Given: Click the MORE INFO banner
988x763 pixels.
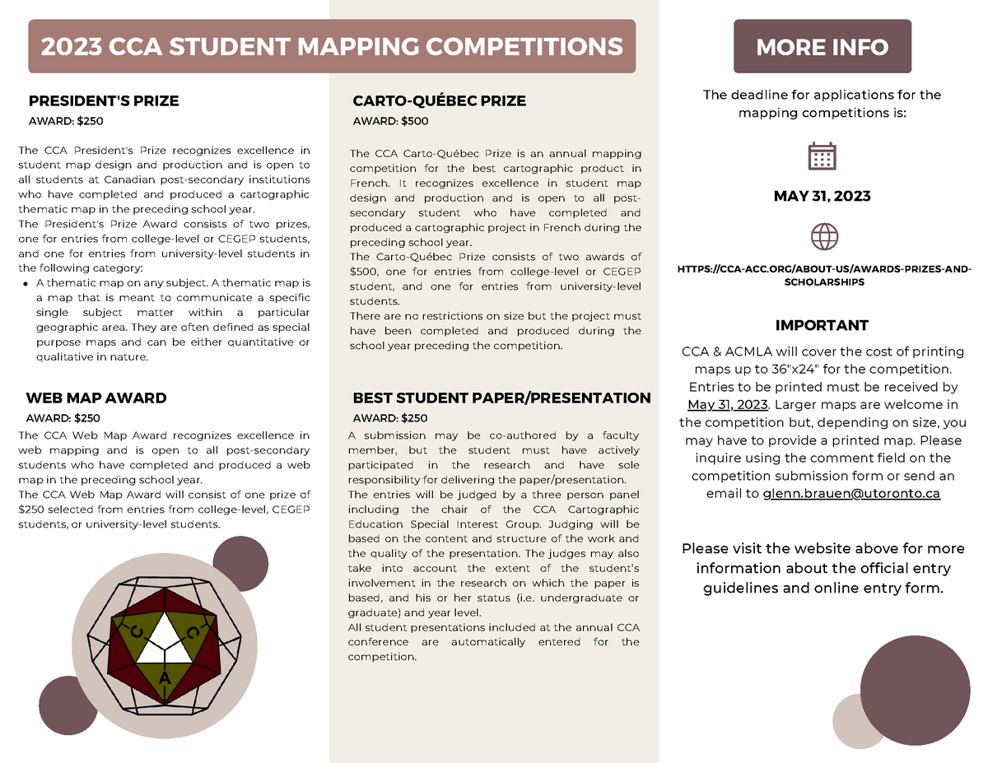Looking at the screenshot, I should pos(822,47).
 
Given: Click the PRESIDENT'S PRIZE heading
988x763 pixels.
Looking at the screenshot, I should pos(104,101).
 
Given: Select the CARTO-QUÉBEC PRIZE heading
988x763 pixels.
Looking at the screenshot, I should pos(439,101).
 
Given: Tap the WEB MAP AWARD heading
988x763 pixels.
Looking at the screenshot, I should pos(96,398).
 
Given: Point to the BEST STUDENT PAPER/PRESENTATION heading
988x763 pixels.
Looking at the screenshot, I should pos(501,398).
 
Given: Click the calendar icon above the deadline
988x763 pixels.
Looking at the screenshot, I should pos(823,156).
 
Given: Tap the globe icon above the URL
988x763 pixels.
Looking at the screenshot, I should pos(823,236).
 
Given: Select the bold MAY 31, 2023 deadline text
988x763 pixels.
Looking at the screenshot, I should pos(823,197).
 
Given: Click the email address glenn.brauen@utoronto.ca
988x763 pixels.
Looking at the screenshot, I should pos(851,494).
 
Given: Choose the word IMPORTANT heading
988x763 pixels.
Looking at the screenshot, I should pos(822,325).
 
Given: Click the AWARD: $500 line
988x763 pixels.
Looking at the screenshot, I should pos(390,122).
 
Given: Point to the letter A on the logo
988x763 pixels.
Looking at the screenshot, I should pos(165,678).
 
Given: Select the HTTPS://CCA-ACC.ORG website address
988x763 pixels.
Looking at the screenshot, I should pos(823,275).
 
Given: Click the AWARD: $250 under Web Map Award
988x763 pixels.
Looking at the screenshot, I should pos(63,418).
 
